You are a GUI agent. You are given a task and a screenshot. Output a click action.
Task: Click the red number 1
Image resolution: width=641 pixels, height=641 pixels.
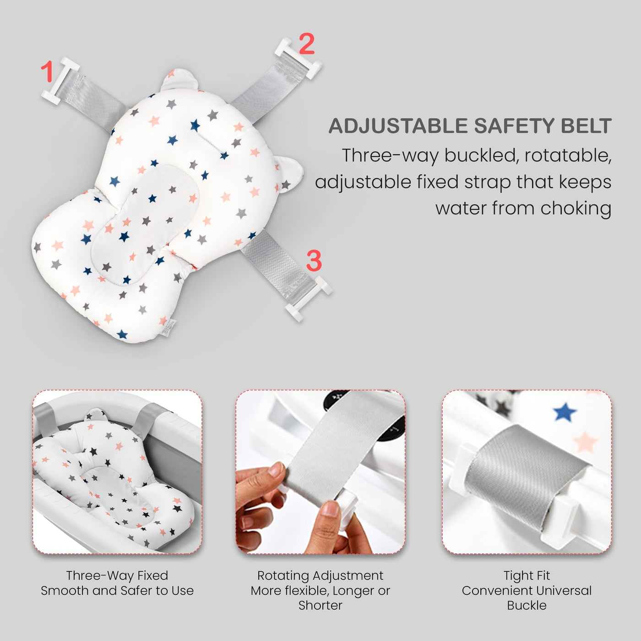(x=47, y=71)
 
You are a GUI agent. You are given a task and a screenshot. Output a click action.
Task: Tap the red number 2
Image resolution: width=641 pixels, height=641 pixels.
(x=306, y=43)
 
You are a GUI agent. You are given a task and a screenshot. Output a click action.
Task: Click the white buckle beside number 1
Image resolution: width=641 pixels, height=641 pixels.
(x=60, y=81)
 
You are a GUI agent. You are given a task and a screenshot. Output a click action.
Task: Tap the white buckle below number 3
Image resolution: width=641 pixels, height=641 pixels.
(x=309, y=299)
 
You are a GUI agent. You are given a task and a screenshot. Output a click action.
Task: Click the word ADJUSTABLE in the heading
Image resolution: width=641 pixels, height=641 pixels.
(x=398, y=126)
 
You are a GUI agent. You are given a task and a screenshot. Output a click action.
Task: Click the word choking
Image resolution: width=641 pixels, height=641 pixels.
(x=576, y=209)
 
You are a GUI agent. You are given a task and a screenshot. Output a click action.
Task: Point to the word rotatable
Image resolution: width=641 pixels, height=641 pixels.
(x=568, y=155)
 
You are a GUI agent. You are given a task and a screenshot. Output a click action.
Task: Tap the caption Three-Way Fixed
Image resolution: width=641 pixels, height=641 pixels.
(x=117, y=575)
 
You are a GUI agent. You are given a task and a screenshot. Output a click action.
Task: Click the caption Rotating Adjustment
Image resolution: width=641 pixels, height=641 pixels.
(x=320, y=575)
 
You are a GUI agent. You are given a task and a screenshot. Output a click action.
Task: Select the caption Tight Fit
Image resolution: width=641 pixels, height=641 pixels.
(x=527, y=575)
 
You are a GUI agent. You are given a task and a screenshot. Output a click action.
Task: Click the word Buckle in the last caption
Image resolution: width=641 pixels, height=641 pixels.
(x=527, y=605)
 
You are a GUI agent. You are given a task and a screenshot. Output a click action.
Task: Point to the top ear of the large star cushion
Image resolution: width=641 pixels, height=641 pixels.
(x=179, y=80)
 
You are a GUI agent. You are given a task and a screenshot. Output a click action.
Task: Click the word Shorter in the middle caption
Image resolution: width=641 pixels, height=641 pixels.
(x=320, y=605)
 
